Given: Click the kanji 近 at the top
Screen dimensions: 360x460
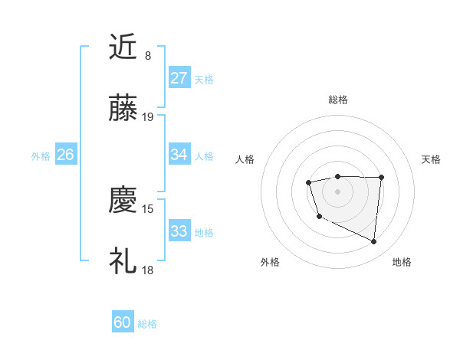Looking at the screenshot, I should [x=123, y=47].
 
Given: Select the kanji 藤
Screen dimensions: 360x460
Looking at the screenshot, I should [x=123, y=109].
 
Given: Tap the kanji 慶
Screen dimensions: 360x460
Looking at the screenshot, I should [x=123, y=200].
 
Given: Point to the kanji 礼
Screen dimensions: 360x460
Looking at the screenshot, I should [x=123, y=261].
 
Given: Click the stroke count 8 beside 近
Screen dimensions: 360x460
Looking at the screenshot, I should [x=148, y=55].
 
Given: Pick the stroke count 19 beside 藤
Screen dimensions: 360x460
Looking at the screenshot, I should [x=148, y=117].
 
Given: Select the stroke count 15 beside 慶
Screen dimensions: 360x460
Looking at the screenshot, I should [x=148, y=208].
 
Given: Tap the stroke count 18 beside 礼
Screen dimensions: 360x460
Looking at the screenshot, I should [x=148, y=270].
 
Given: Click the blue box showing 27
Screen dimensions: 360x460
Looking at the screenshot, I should [x=179, y=78].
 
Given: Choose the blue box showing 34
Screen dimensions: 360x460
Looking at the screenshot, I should [x=179, y=155].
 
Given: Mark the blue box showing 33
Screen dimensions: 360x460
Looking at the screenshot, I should [x=179, y=231].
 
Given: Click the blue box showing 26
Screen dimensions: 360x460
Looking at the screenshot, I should [x=65, y=155].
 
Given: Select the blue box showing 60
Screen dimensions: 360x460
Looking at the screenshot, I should [x=123, y=322].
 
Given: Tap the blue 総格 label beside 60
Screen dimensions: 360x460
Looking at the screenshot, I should [x=148, y=324].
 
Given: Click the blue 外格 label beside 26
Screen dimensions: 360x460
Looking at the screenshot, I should [x=41, y=156].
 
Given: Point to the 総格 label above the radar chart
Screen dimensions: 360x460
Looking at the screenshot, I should [x=338, y=100].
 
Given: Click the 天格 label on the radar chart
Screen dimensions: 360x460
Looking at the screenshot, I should [x=432, y=159].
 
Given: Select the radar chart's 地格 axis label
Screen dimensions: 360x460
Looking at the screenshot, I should [x=402, y=262].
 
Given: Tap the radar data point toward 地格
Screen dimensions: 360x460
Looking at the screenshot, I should [x=374, y=242].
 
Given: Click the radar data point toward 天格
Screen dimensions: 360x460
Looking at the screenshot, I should [x=381, y=178].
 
